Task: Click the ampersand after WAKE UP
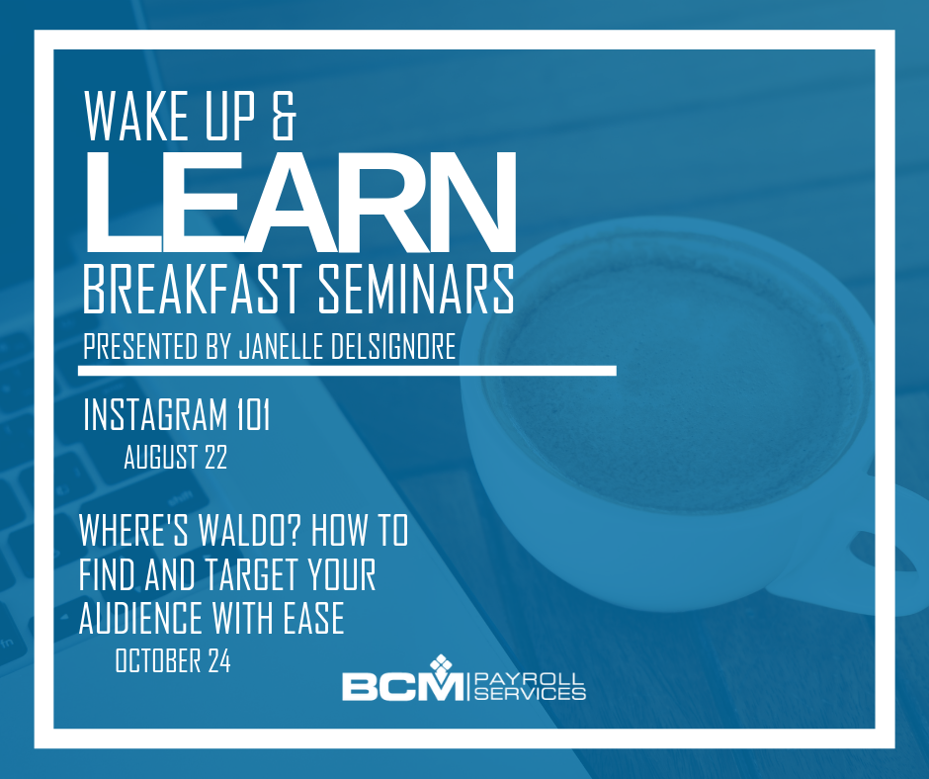284,116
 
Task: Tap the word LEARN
300,202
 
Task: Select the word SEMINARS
416,289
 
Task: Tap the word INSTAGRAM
155,414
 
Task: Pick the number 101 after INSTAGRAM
254,414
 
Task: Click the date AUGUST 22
175,458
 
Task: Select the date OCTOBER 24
173,660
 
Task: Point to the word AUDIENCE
141,618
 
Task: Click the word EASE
313,618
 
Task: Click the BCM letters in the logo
403,687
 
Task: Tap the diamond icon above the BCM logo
440,665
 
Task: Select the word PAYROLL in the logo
530,679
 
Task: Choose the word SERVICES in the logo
530,693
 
